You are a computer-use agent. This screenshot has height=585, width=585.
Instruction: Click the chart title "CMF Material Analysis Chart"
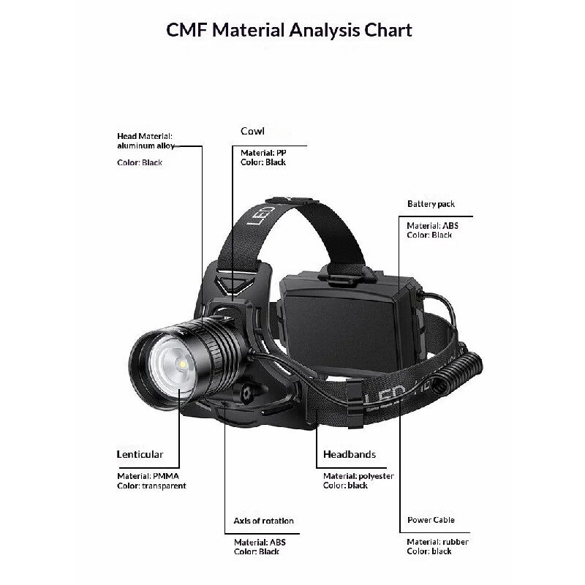click(x=289, y=30)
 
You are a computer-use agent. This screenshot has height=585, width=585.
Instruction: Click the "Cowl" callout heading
click(x=252, y=131)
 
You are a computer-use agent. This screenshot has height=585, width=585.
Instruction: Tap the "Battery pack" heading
click(x=431, y=204)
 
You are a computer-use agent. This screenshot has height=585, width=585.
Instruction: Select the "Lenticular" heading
click(x=140, y=454)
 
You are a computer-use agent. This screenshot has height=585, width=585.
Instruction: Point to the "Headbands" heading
click(x=350, y=454)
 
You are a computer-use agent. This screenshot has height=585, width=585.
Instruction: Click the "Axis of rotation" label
click(x=263, y=521)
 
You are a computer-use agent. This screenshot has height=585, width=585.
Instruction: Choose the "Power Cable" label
click(x=431, y=520)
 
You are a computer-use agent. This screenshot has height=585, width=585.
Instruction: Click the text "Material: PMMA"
click(x=148, y=476)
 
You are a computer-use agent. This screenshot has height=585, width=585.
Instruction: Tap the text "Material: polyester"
click(x=358, y=476)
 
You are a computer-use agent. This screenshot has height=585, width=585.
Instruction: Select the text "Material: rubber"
click(x=437, y=542)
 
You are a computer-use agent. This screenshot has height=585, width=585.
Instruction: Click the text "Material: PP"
click(x=263, y=153)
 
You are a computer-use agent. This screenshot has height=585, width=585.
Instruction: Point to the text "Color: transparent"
click(x=151, y=486)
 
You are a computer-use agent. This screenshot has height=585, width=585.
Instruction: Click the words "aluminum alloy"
click(x=146, y=146)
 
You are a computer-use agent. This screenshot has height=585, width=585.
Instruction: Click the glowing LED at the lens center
click(x=182, y=364)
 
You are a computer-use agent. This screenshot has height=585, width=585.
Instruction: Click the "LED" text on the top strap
click(x=261, y=214)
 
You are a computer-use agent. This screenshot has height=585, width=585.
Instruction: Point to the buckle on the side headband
click(x=355, y=404)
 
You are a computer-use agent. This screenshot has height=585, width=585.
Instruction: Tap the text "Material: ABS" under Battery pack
click(x=432, y=226)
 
